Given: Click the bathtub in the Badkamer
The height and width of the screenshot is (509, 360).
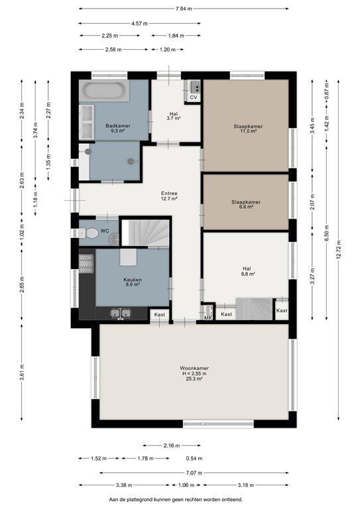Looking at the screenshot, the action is pyautogui.click(x=104, y=91).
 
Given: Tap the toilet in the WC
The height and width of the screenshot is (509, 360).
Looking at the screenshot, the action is pyautogui.click(x=89, y=233).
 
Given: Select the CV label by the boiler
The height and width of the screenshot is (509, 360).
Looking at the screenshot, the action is pyautogui.click(x=194, y=97).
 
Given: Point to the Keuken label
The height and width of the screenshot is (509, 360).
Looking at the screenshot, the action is pyautogui.click(x=133, y=280).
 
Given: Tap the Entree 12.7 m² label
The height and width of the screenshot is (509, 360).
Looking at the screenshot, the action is pyautogui.click(x=169, y=196).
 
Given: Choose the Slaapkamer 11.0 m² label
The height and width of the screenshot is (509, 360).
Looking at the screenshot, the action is pyautogui.click(x=248, y=129).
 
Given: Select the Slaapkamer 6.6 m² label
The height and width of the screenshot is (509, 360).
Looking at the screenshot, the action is pyautogui.click(x=246, y=204).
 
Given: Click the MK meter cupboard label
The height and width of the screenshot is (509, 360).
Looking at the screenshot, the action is pyautogui.click(x=208, y=318).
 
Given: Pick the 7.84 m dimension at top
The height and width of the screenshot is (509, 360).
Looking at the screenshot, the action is pyautogui.click(x=184, y=9).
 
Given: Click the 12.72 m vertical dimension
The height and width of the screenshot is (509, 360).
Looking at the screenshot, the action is pyautogui.click(x=338, y=250).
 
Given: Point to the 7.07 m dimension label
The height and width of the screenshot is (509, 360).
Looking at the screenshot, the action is pyautogui.click(x=194, y=473).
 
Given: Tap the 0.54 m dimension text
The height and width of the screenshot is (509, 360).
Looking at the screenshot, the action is pyautogui.click(x=194, y=459).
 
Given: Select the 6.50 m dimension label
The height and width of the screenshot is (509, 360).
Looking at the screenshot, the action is pyautogui.click(x=327, y=233).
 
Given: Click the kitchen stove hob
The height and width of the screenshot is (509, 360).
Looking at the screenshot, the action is pyautogui.click(x=86, y=264).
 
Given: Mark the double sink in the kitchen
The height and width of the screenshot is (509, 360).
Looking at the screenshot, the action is pyautogui.click(x=121, y=313).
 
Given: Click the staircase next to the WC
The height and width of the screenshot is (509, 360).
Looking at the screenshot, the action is pyautogui.click(x=145, y=233).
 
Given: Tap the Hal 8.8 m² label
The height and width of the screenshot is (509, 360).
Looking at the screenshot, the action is pyautogui.click(x=247, y=271).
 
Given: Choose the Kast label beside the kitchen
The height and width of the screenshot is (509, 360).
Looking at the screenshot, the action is pyautogui.click(x=159, y=315).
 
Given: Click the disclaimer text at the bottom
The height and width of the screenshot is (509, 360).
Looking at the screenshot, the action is pyautogui.click(x=176, y=499).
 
